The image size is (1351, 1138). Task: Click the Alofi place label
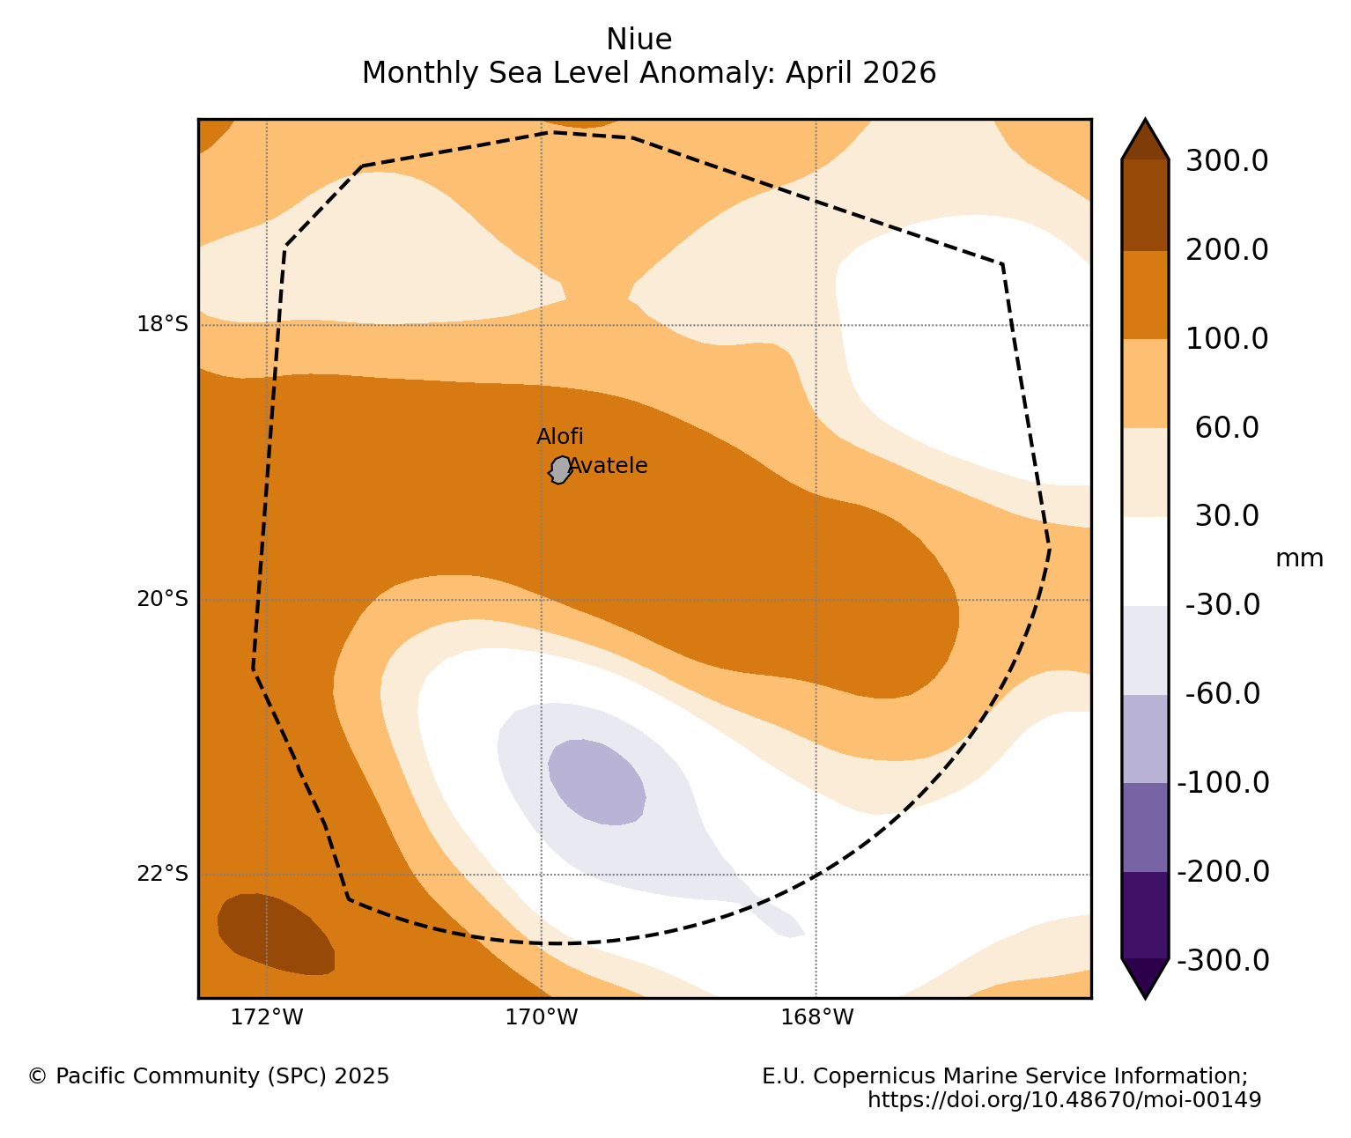coord(559,436)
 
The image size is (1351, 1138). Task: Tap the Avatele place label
coord(608,465)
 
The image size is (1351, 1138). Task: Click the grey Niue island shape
coord(560,469)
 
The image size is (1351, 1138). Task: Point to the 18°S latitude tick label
coord(162,323)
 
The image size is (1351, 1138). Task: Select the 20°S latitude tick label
coord(162,599)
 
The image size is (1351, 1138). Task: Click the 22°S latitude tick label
coord(162,873)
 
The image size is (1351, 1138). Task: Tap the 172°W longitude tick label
coord(267,1017)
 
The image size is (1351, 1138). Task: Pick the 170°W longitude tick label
coord(541,1017)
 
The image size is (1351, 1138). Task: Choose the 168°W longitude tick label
coord(816,1017)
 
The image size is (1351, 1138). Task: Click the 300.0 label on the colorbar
coord(1227,160)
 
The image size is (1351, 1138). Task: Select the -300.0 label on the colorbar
coord(1223,961)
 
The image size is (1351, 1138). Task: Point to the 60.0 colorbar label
coord(1227,427)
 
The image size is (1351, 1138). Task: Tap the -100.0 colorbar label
coord(1223,783)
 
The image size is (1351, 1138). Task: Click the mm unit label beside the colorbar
coord(1299,558)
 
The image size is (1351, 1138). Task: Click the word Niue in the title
coord(639,40)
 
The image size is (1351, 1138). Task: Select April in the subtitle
coord(816,73)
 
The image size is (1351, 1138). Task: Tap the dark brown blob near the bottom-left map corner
coord(276,934)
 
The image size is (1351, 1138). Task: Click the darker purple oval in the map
coord(596,782)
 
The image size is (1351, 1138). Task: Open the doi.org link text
coord(1064,1099)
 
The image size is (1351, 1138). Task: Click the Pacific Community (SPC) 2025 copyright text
coord(209,1075)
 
